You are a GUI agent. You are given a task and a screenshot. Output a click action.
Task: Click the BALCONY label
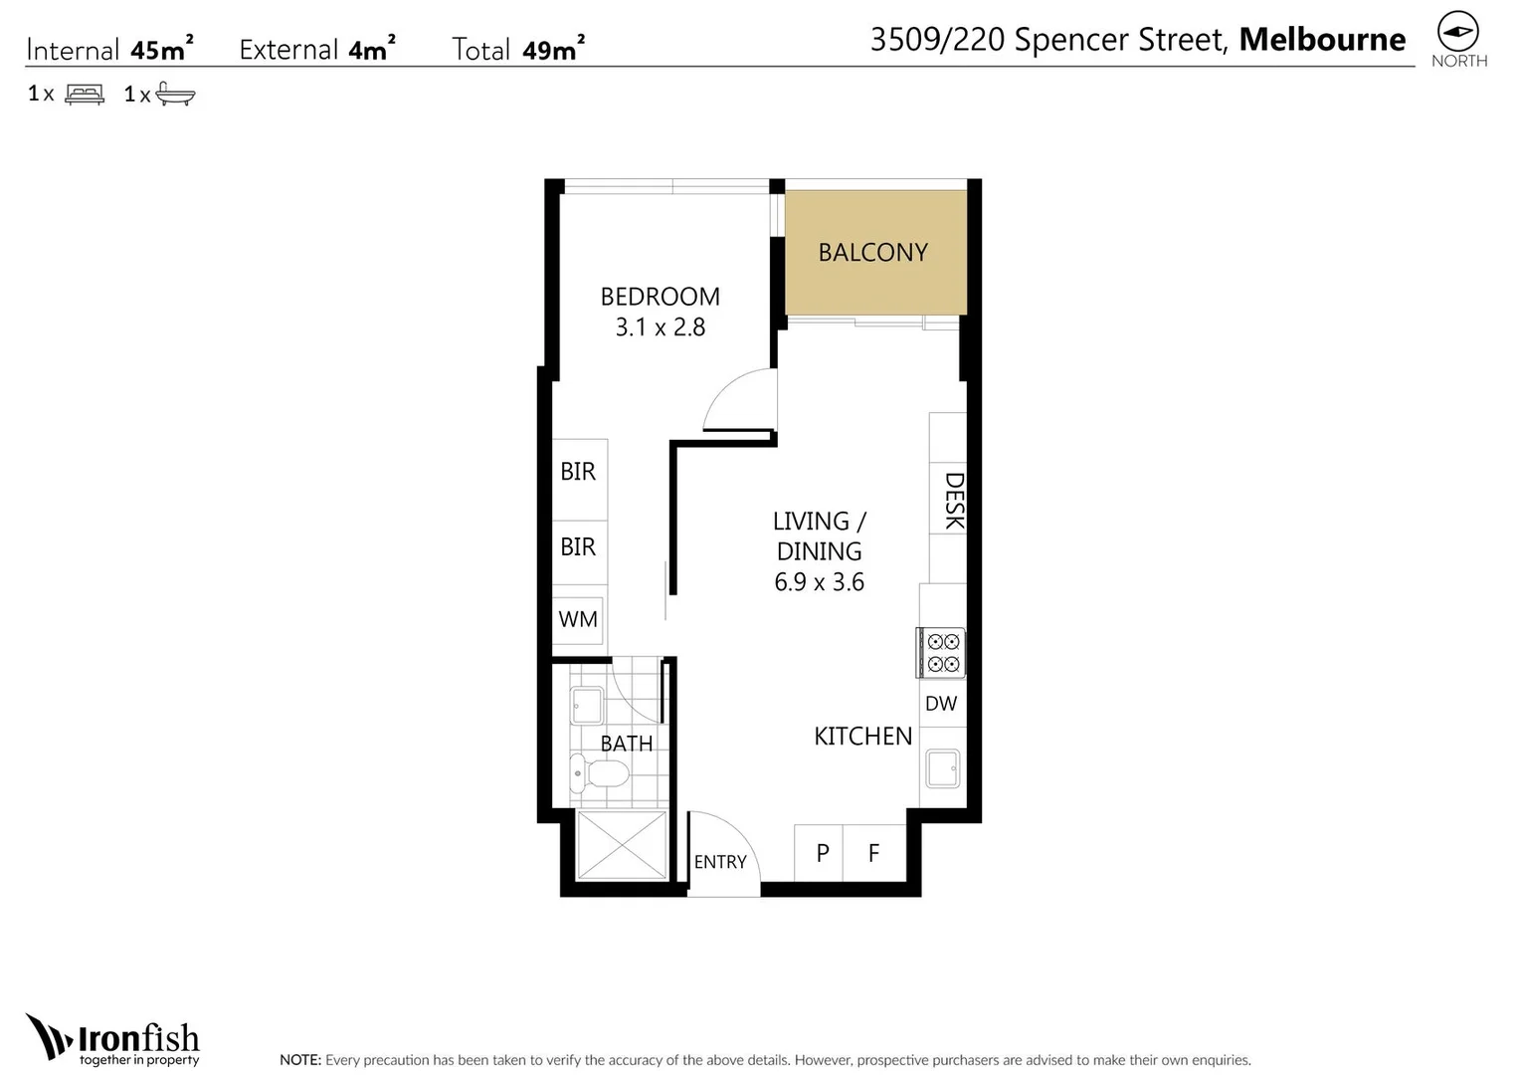click(x=872, y=253)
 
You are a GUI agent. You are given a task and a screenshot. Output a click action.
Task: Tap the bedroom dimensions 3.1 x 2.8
click(x=660, y=327)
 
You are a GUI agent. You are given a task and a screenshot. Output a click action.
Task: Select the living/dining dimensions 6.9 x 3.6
click(x=819, y=582)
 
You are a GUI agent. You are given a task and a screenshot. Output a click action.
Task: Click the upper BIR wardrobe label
click(x=578, y=472)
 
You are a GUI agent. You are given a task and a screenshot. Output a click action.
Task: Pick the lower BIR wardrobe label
click(x=578, y=546)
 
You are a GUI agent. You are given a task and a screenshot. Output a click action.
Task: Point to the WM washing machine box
click(x=578, y=619)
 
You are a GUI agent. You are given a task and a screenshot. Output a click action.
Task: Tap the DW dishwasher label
click(x=941, y=704)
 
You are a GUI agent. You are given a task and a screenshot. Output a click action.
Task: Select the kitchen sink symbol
click(x=942, y=768)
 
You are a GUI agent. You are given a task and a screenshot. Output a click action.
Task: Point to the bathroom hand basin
click(x=586, y=706)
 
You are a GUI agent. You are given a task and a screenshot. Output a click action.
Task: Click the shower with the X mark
click(x=622, y=845)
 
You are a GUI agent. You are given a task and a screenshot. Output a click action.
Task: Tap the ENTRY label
click(x=720, y=862)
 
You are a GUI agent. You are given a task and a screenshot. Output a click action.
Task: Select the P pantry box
click(x=822, y=853)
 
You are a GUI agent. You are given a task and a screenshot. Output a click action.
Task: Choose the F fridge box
click(x=873, y=853)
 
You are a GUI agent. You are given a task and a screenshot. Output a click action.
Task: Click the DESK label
click(x=953, y=501)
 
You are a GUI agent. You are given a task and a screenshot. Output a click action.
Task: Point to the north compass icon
click(x=1458, y=33)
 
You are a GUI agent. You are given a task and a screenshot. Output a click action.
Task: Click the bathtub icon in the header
click(x=175, y=95)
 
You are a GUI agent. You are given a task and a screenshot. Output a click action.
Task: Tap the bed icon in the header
click(x=85, y=95)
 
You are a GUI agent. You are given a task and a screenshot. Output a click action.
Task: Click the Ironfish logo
click(x=113, y=1040)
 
